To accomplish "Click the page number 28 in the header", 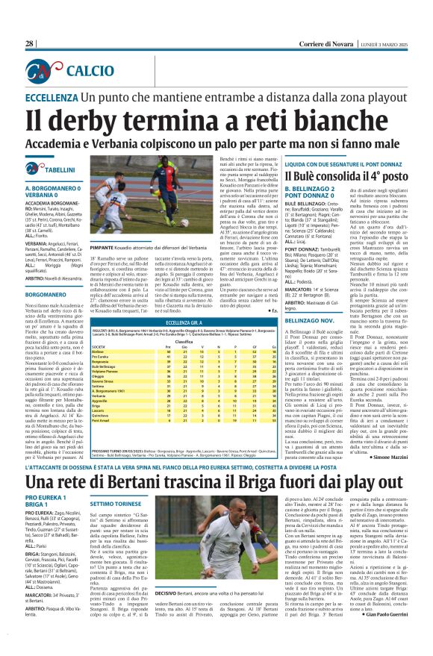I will point(29,44).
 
